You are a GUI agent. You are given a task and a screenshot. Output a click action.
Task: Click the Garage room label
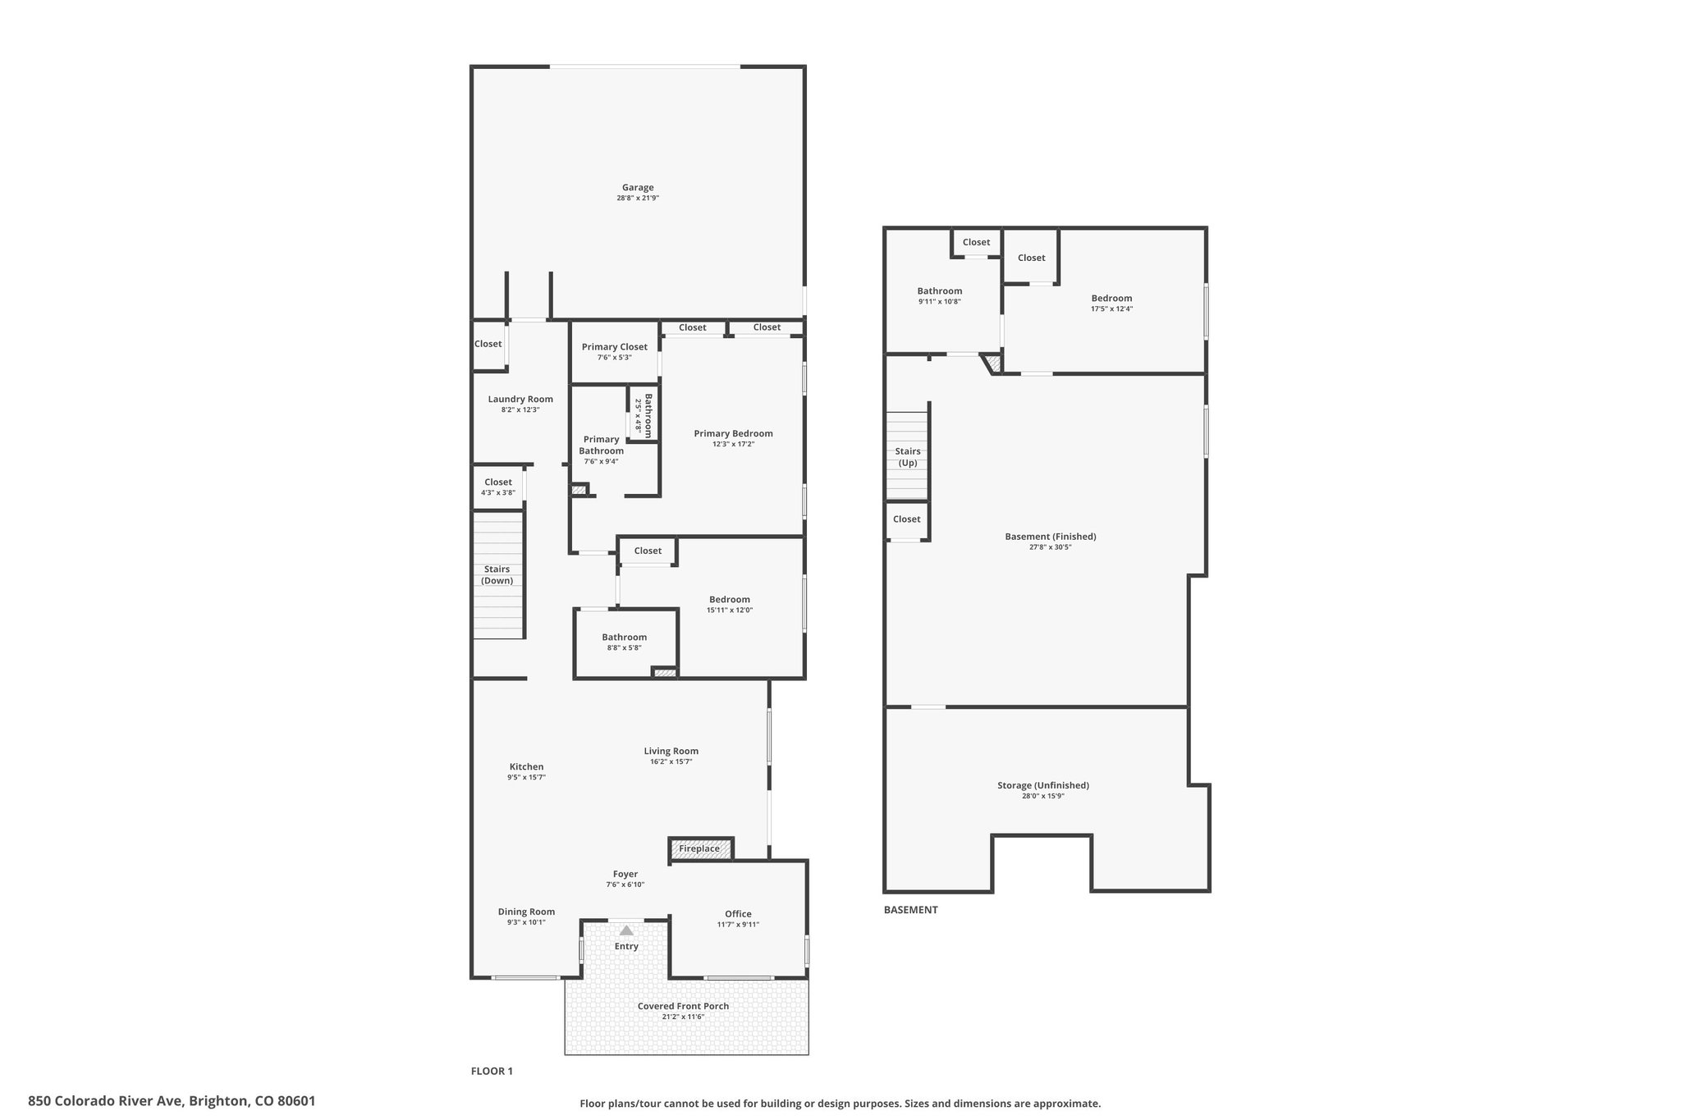point(637,188)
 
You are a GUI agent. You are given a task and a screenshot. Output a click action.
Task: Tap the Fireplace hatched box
point(700,848)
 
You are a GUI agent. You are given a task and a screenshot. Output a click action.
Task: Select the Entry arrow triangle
point(626,930)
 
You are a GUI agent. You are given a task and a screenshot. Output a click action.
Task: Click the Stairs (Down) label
point(497,574)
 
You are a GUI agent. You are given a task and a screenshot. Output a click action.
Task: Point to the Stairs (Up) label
point(907,457)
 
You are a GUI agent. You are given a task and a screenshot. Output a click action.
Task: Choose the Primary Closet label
point(614,347)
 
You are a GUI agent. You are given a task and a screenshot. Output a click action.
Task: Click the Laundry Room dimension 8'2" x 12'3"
point(520,409)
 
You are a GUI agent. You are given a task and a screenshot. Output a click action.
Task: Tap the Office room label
point(738,914)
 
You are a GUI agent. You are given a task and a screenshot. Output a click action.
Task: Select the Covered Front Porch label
point(683,1006)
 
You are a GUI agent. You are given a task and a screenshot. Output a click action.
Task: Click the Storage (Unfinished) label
point(1042,785)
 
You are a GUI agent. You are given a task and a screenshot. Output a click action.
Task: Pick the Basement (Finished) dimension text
point(1050,547)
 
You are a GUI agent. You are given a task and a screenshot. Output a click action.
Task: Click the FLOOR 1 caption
point(492,1071)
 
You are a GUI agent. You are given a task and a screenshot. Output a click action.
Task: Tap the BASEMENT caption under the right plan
point(910,910)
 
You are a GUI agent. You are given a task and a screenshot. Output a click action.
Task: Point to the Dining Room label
point(526,912)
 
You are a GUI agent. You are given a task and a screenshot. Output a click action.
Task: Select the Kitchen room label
point(526,767)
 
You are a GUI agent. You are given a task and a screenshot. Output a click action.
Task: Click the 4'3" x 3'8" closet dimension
point(497,493)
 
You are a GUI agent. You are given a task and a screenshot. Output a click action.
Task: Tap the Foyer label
point(625,874)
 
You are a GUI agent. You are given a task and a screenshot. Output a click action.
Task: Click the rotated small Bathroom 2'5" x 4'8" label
point(644,416)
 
